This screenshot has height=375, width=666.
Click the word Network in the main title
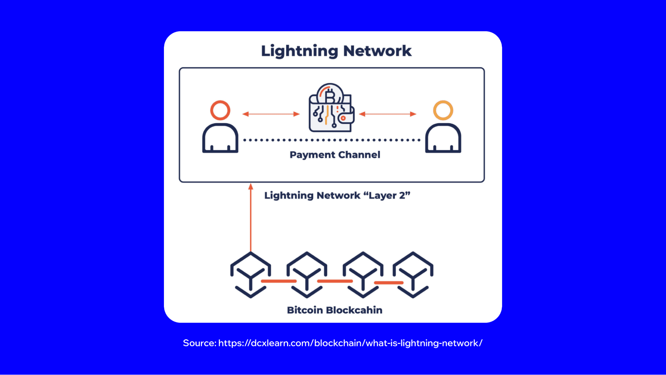pyautogui.click(x=377, y=51)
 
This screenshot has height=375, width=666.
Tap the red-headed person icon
pyautogui.click(x=220, y=127)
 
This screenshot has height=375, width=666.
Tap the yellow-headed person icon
pyautogui.click(x=443, y=127)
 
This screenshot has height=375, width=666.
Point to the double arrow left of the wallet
pyautogui.click(x=271, y=114)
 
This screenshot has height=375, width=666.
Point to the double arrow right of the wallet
pyautogui.click(x=388, y=114)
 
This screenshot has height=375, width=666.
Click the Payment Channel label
pyautogui.click(x=335, y=155)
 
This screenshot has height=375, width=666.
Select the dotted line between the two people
pyautogui.click(x=332, y=140)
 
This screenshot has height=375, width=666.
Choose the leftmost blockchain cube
pyautogui.click(x=251, y=275)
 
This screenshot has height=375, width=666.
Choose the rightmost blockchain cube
pyautogui.click(x=413, y=275)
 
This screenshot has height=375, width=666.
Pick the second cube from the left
pyautogui.click(x=307, y=275)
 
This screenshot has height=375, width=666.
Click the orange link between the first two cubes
pyautogui.click(x=279, y=281)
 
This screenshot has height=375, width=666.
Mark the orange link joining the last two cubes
pyautogui.click(x=388, y=283)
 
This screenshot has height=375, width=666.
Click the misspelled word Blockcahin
pyautogui.click(x=354, y=310)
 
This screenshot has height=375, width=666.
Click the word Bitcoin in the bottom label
pyautogui.click(x=305, y=310)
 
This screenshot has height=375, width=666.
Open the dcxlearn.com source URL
pyautogui.click(x=350, y=343)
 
